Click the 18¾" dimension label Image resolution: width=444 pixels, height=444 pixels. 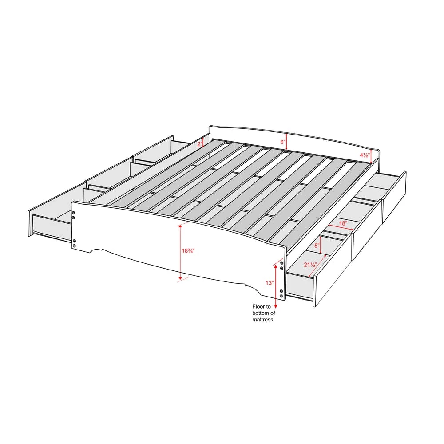[x=188, y=251]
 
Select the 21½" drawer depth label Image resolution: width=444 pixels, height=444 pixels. [x=309, y=265]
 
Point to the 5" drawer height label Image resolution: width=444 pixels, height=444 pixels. [x=317, y=245]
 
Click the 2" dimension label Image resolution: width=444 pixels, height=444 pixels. [x=199, y=143]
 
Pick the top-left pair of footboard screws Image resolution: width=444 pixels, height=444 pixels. [x=74, y=215]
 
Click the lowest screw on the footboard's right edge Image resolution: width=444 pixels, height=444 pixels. [x=281, y=296]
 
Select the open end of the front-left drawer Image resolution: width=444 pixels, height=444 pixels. [x=49, y=224]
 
